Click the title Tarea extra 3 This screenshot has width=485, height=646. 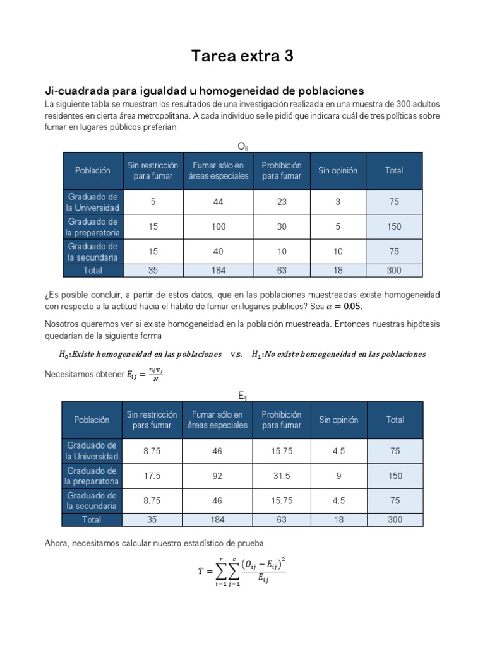click(242, 57)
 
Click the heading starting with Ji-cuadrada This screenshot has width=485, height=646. click(204, 91)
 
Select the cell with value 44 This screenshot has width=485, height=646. click(218, 202)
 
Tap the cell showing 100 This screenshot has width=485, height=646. click(218, 226)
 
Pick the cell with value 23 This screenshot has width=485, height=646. click(282, 202)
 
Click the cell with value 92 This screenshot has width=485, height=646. click(217, 476)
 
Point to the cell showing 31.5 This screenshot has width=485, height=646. click(282, 476)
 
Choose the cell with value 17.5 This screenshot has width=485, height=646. click(152, 476)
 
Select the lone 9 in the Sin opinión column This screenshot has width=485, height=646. click(338, 476)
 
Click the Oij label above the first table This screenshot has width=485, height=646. click(242, 146)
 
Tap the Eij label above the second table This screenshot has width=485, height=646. click(242, 396)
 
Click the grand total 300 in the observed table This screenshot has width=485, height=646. click(395, 270)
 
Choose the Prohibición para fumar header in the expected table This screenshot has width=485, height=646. click(282, 420)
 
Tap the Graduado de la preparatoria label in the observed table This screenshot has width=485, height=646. click(93, 226)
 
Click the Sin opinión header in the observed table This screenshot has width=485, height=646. click(338, 171)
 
